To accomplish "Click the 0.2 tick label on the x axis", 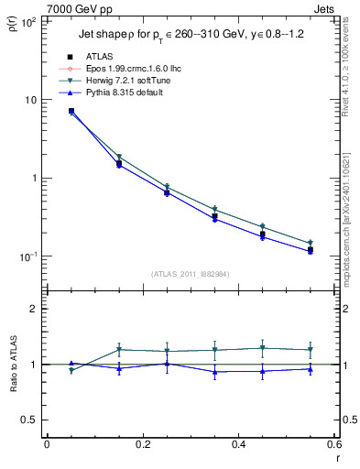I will pyautogui.click(x=142, y=444).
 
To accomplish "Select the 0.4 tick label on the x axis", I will pyautogui.click(x=238, y=444).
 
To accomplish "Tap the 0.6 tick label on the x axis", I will pyautogui.click(x=333, y=444).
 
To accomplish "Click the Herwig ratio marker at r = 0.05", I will pyautogui.click(x=71, y=370).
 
